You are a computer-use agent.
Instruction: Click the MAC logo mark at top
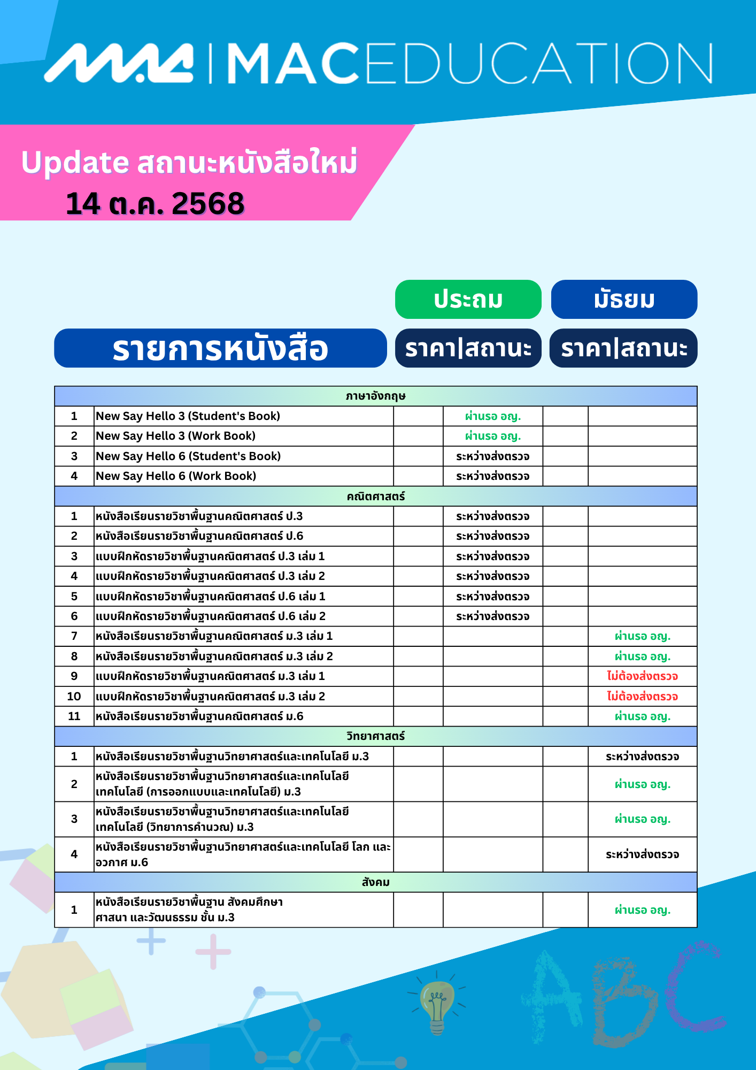(119, 63)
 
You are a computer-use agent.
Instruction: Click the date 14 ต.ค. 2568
(155, 204)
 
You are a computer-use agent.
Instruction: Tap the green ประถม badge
(468, 299)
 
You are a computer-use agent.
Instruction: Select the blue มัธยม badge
(624, 299)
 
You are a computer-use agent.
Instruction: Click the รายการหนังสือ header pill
(220, 348)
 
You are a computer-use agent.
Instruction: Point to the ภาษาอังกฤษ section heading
(375, 396)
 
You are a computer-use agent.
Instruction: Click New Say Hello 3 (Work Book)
(175, 436)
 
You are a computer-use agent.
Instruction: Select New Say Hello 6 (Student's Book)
(188, 456)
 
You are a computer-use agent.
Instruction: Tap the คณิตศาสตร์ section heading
(375, 496)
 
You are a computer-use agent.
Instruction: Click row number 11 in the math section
(74, 716)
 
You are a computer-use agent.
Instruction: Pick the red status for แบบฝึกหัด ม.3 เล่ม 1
(642, 676)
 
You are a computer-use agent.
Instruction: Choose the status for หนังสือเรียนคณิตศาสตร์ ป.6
(492, 536)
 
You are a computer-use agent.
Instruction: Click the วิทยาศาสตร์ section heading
(375, 736)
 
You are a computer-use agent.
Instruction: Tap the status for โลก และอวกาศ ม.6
(642, 854)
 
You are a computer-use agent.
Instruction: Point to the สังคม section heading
(375, 882)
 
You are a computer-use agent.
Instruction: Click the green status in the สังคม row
(642, 910)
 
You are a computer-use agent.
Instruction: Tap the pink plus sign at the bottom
(213, 952)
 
